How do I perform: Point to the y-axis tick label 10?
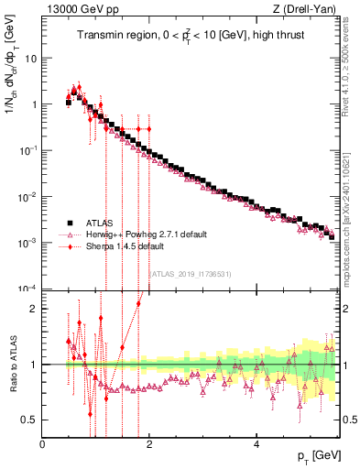29,58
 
